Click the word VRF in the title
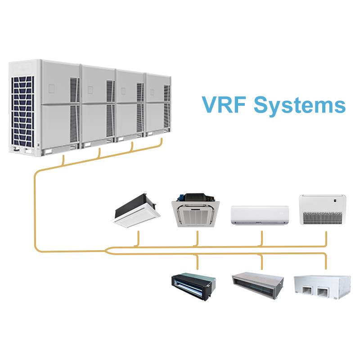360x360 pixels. pos(224,104)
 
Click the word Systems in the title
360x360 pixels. pos(300,105)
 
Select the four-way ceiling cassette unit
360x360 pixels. pos(196,211)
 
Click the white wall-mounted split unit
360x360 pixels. pos(260,215)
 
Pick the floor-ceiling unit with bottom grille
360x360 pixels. pos(323,210)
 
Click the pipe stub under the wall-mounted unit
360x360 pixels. pos(261,238)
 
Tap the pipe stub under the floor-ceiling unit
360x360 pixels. pos(325,238)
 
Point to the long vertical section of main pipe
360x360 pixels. pos(35,211)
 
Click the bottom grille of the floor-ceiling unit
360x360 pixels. pos(323,218)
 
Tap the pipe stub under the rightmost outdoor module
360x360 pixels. pos(161,143)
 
